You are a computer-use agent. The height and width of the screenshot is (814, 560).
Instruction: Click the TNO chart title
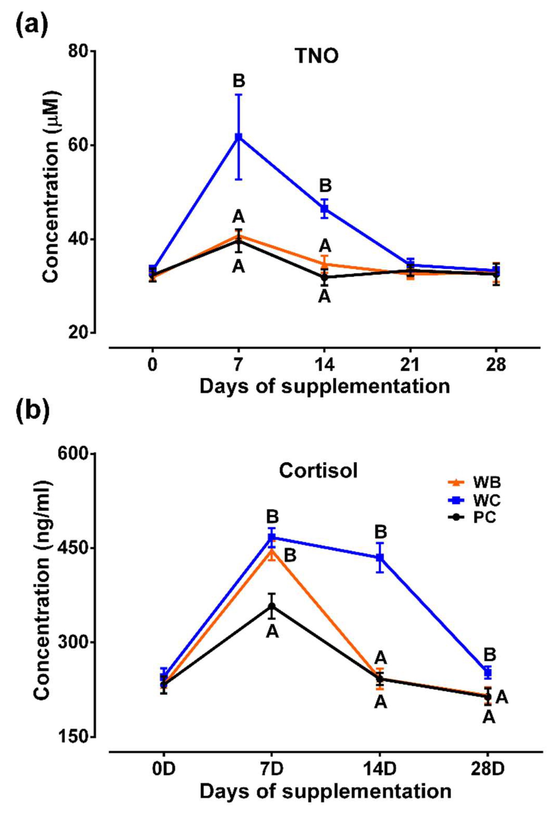[317, 56]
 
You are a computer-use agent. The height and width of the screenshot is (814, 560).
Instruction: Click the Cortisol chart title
[318, 470]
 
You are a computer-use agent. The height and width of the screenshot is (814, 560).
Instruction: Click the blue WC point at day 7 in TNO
[238, 137]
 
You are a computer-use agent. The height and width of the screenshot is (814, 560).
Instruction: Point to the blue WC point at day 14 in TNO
[325, 209]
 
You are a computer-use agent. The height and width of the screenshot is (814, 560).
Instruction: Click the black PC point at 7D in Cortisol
[272, 607]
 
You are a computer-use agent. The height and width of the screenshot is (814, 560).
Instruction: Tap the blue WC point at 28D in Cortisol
[488, 673]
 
